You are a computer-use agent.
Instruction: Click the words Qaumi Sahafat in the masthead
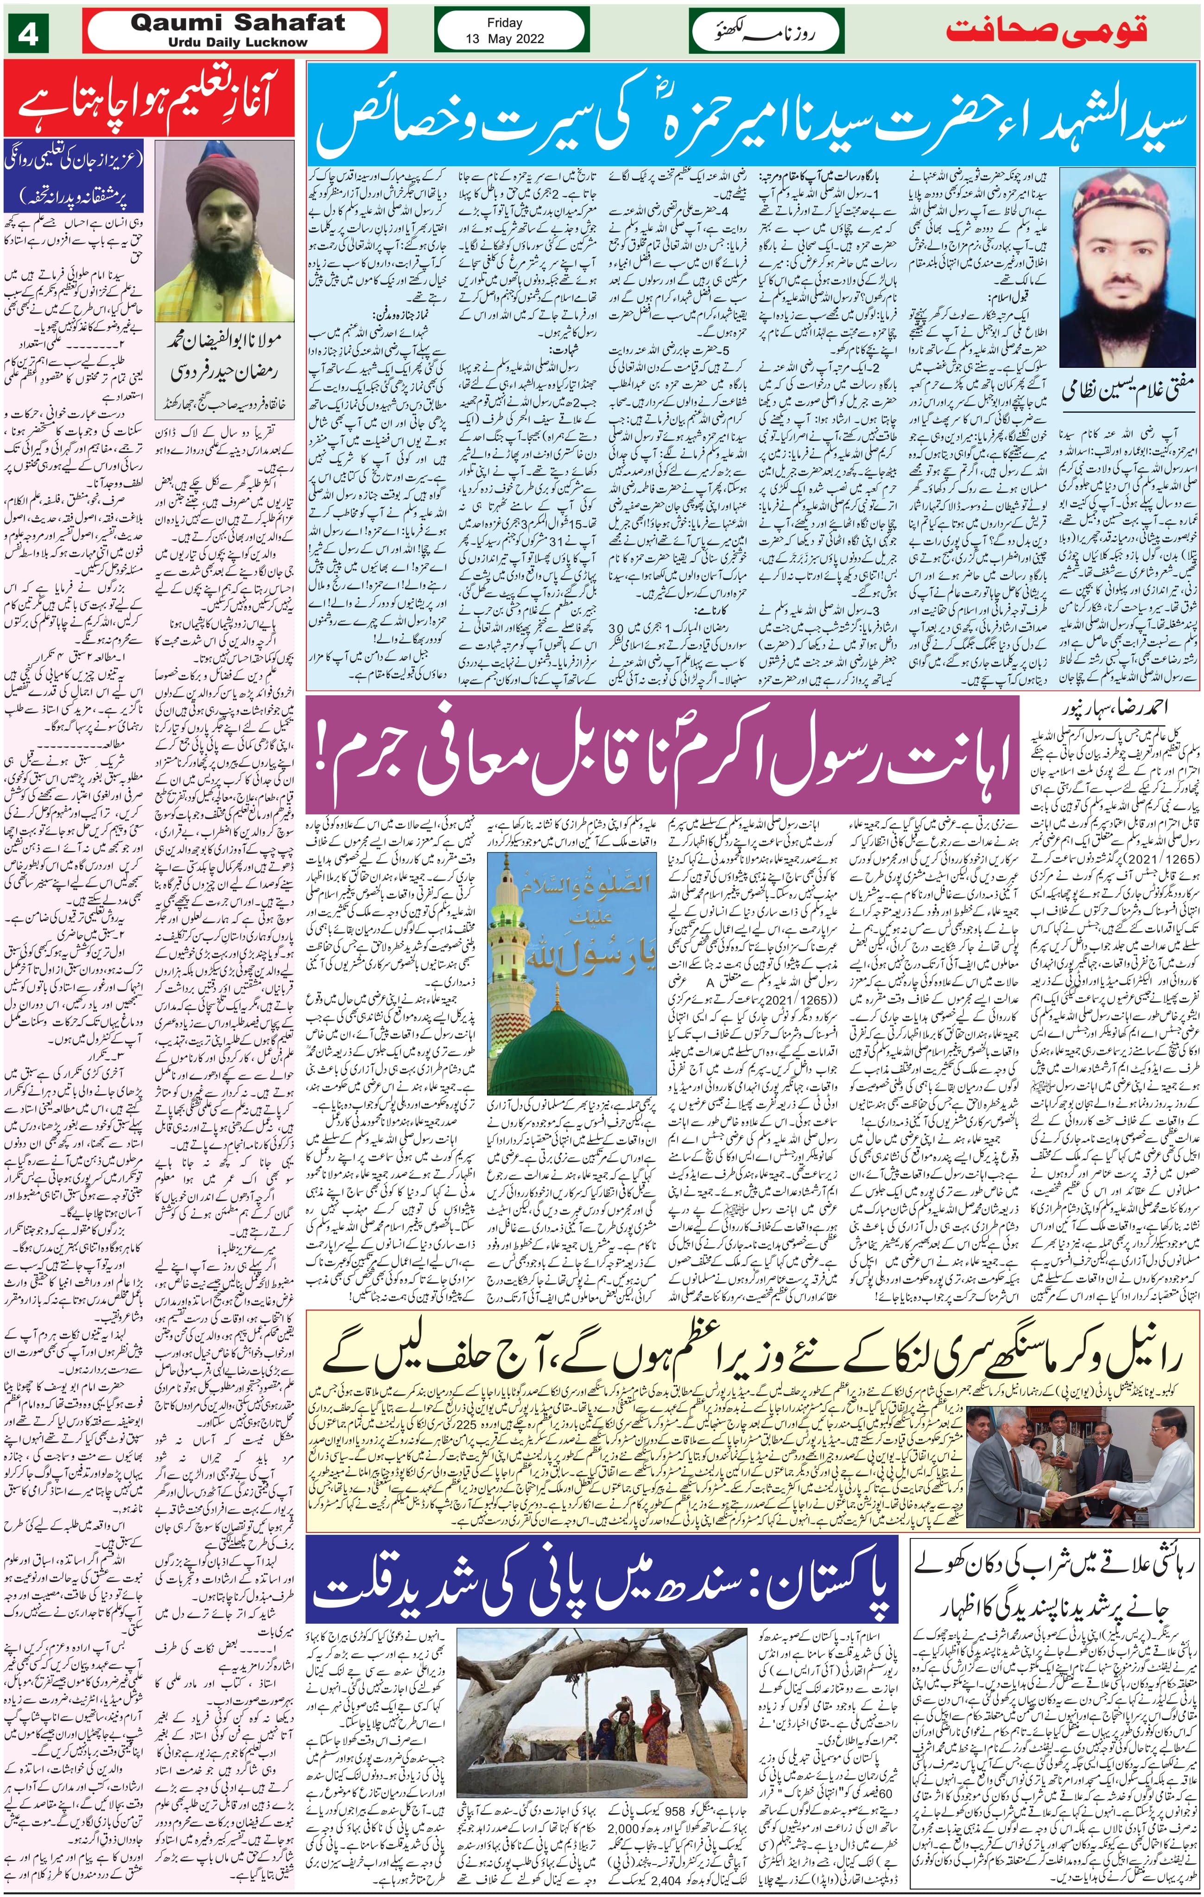tap(238, 23)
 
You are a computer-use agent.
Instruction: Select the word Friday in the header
tap(504, 23)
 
